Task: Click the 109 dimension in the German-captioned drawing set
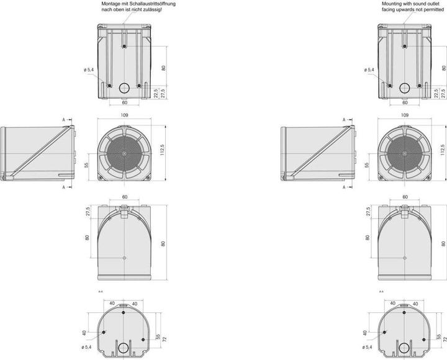(x=125, y=115)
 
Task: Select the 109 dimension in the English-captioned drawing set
(x=405, y=115)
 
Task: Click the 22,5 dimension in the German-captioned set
(x=155, y=92)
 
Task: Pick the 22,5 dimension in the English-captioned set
(x=435, y=92)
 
